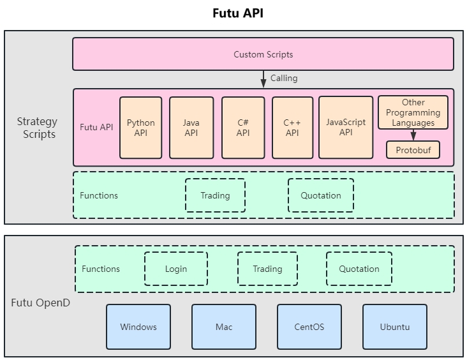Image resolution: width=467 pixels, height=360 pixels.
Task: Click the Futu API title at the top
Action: [237, 13]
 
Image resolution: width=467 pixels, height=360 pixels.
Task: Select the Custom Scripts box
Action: [263, 54]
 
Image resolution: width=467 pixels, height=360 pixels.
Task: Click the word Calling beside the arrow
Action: [283, 79]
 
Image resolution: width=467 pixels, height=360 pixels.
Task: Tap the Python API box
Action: [140, 128]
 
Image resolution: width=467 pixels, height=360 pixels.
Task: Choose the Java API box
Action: [191, 128]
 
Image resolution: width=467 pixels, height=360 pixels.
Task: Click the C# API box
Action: [243, 128]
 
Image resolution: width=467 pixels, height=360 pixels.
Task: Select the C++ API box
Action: [292, 128]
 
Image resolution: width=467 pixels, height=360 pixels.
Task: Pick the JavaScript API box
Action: [345, 127]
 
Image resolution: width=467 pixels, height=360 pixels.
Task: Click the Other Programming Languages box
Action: [413, 112]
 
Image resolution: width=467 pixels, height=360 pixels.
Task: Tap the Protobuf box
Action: [413, 149]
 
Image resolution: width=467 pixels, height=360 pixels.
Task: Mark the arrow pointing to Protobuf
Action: [413, 135]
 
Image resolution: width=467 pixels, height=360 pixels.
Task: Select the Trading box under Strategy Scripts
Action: [215, 195]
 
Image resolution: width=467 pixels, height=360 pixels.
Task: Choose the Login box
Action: [175, 269]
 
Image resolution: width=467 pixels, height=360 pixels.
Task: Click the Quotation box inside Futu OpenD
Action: [359, 269]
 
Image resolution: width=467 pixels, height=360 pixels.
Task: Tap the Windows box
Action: [138, 327]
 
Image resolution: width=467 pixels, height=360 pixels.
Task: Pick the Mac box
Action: [224, 327]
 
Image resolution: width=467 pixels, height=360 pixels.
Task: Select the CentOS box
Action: [309, 327]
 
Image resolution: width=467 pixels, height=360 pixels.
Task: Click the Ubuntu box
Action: [394, 327]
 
